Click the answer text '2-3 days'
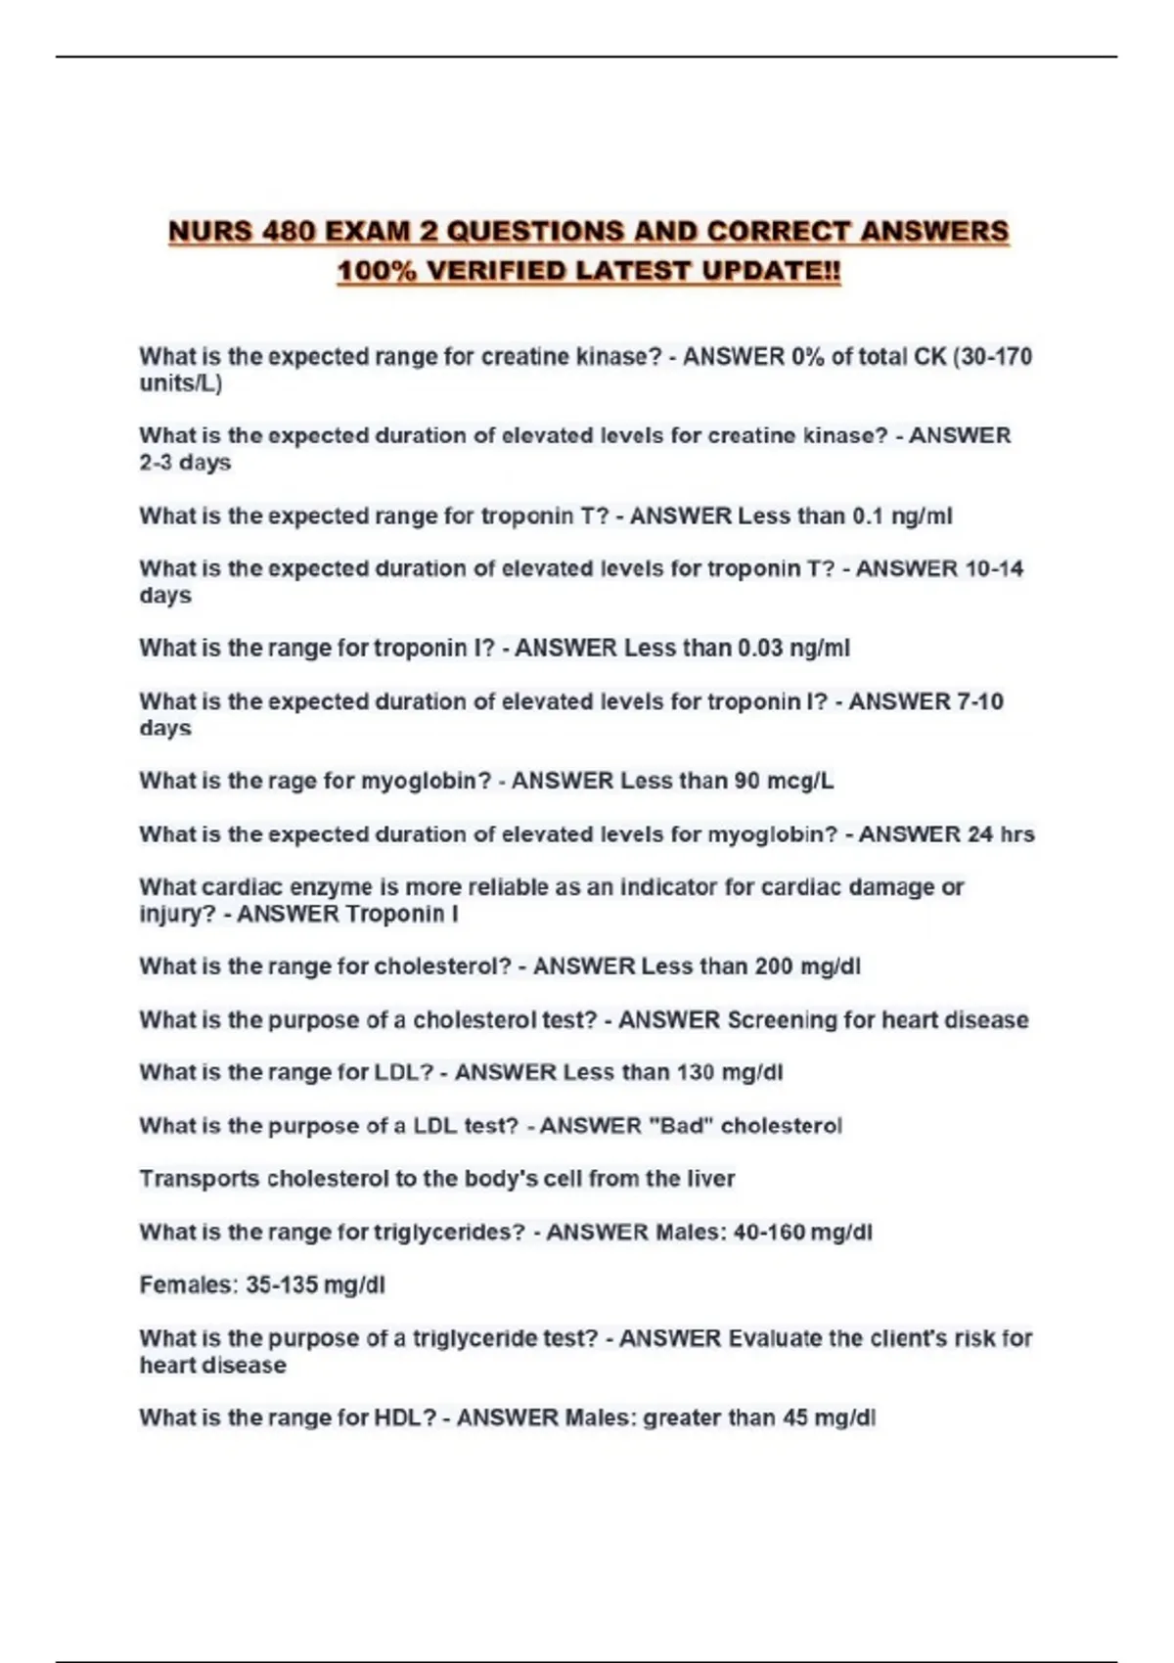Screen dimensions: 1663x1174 pos(185,463)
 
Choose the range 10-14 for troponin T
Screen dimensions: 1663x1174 pos(994,569)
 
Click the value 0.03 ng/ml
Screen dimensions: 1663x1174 pos(793,649)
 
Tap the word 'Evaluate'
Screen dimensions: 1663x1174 pos(775,1338)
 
